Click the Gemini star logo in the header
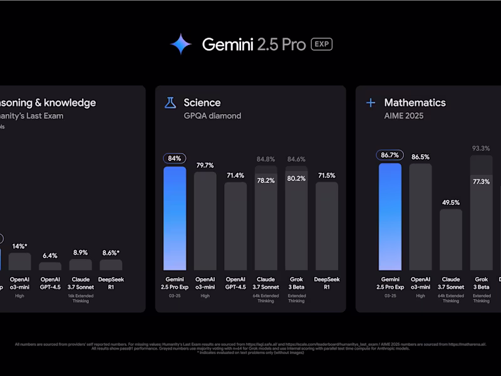click(x=181, y=44)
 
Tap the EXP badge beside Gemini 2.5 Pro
click(x=321, y=44)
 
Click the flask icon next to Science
click(x=170, y=103)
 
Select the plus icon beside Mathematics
click(x=370, y=103)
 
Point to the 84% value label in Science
click(x=175, y=159)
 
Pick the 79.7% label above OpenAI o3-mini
click(x=205, y=165)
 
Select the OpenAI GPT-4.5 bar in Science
click(x=235, y=226)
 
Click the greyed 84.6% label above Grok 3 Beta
click(x=296, y=159)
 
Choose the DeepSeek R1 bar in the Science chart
click(x=326, y=226)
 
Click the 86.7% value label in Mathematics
click(x=390, y=155)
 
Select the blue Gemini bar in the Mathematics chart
click(x=390, y=216)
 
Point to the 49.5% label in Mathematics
click(x=450, y=202)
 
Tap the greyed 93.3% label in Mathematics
click(x=481, y=149)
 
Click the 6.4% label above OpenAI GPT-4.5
click(x=50, y=256)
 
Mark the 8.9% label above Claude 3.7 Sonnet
click(x=80, y=253)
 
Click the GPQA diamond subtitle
click(x=212, y=116)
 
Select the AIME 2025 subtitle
click(x=404, y=116)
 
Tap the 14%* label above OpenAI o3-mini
click(x=20, y=246)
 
